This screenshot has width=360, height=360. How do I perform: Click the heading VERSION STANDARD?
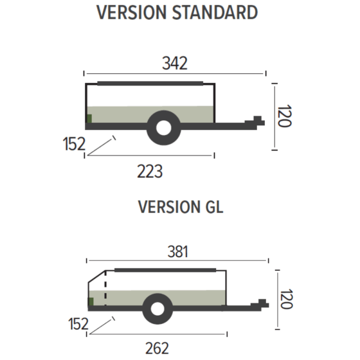tap(177, 12)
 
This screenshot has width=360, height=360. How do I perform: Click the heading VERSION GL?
tap(181, 207)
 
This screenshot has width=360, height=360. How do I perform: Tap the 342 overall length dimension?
tap(175, 63)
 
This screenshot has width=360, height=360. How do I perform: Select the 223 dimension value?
tap(150, 171)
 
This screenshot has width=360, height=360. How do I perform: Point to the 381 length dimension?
tap(177, 251)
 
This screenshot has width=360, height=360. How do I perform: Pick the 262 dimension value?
tap(157, 348)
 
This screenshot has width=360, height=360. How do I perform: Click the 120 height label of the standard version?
tap(284, 116)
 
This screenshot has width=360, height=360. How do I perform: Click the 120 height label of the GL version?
tap(286, 299)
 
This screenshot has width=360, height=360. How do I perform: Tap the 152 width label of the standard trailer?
tap(74, 144)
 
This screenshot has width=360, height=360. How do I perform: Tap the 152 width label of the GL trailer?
tap(78, 324)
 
